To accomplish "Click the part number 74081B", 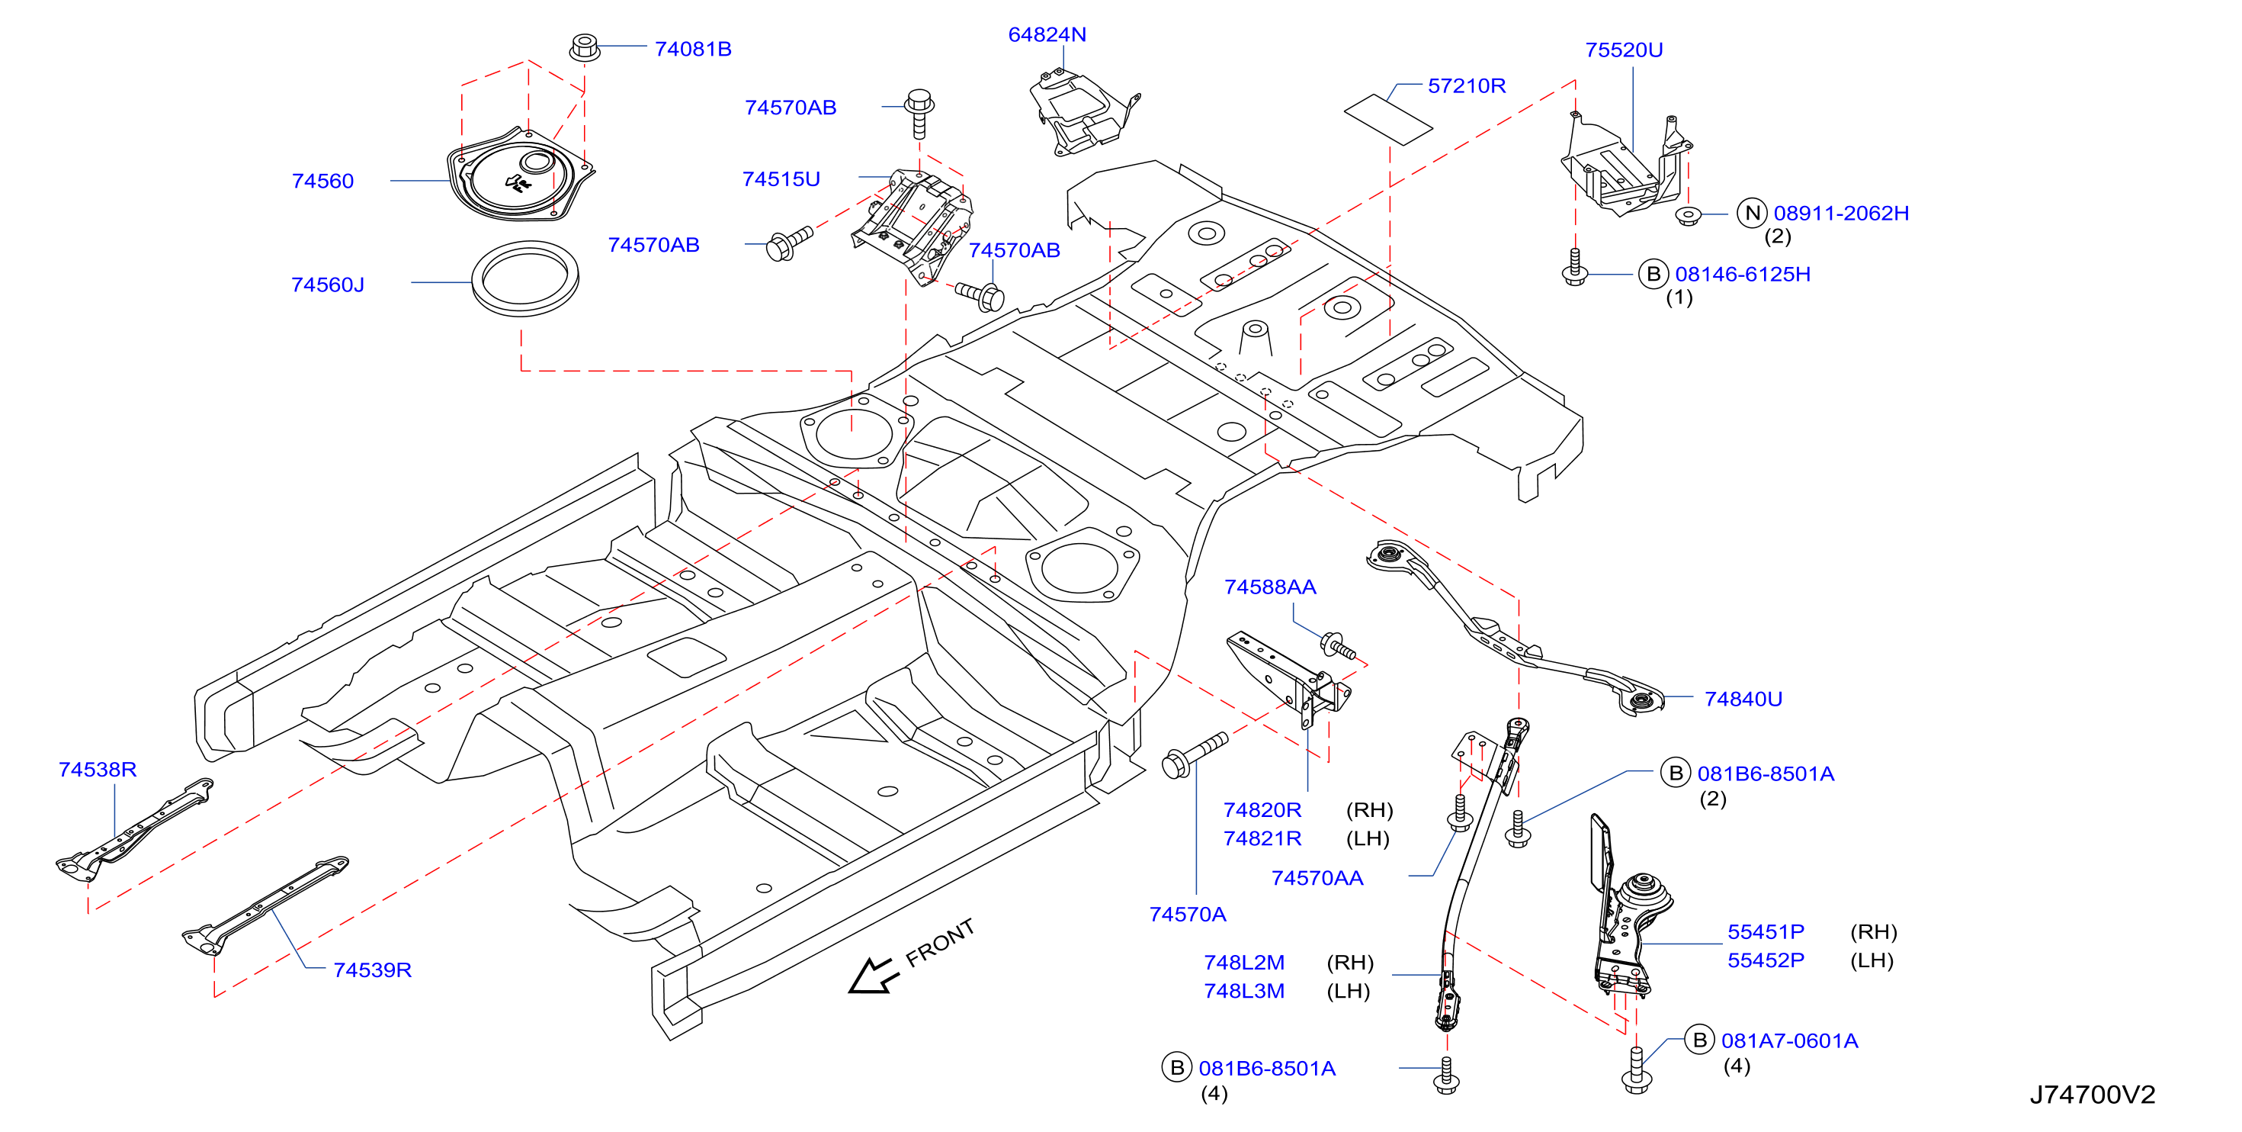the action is pos(693,49).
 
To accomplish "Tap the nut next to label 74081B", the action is pos(584,47).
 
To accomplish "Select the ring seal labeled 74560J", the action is pos(524,278).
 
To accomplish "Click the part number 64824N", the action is pos(1047,35).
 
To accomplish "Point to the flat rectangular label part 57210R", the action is pos(1387,119).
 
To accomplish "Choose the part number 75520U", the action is pos(1623,50).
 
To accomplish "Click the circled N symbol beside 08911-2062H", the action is pos(1751,213).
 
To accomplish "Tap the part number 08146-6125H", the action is pos(1743,275).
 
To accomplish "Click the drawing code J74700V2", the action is pos(2093,1095).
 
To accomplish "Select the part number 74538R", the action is pos(98,770).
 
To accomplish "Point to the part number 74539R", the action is pos(373,970).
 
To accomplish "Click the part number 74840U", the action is pos(1743,699).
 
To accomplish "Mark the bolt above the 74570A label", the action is pos(1194,754).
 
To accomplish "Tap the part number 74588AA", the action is pos(1270,587).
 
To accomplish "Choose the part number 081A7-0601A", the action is pos(1789,1040).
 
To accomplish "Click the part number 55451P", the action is pos(1766,931).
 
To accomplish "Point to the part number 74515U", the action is pos(781,178).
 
